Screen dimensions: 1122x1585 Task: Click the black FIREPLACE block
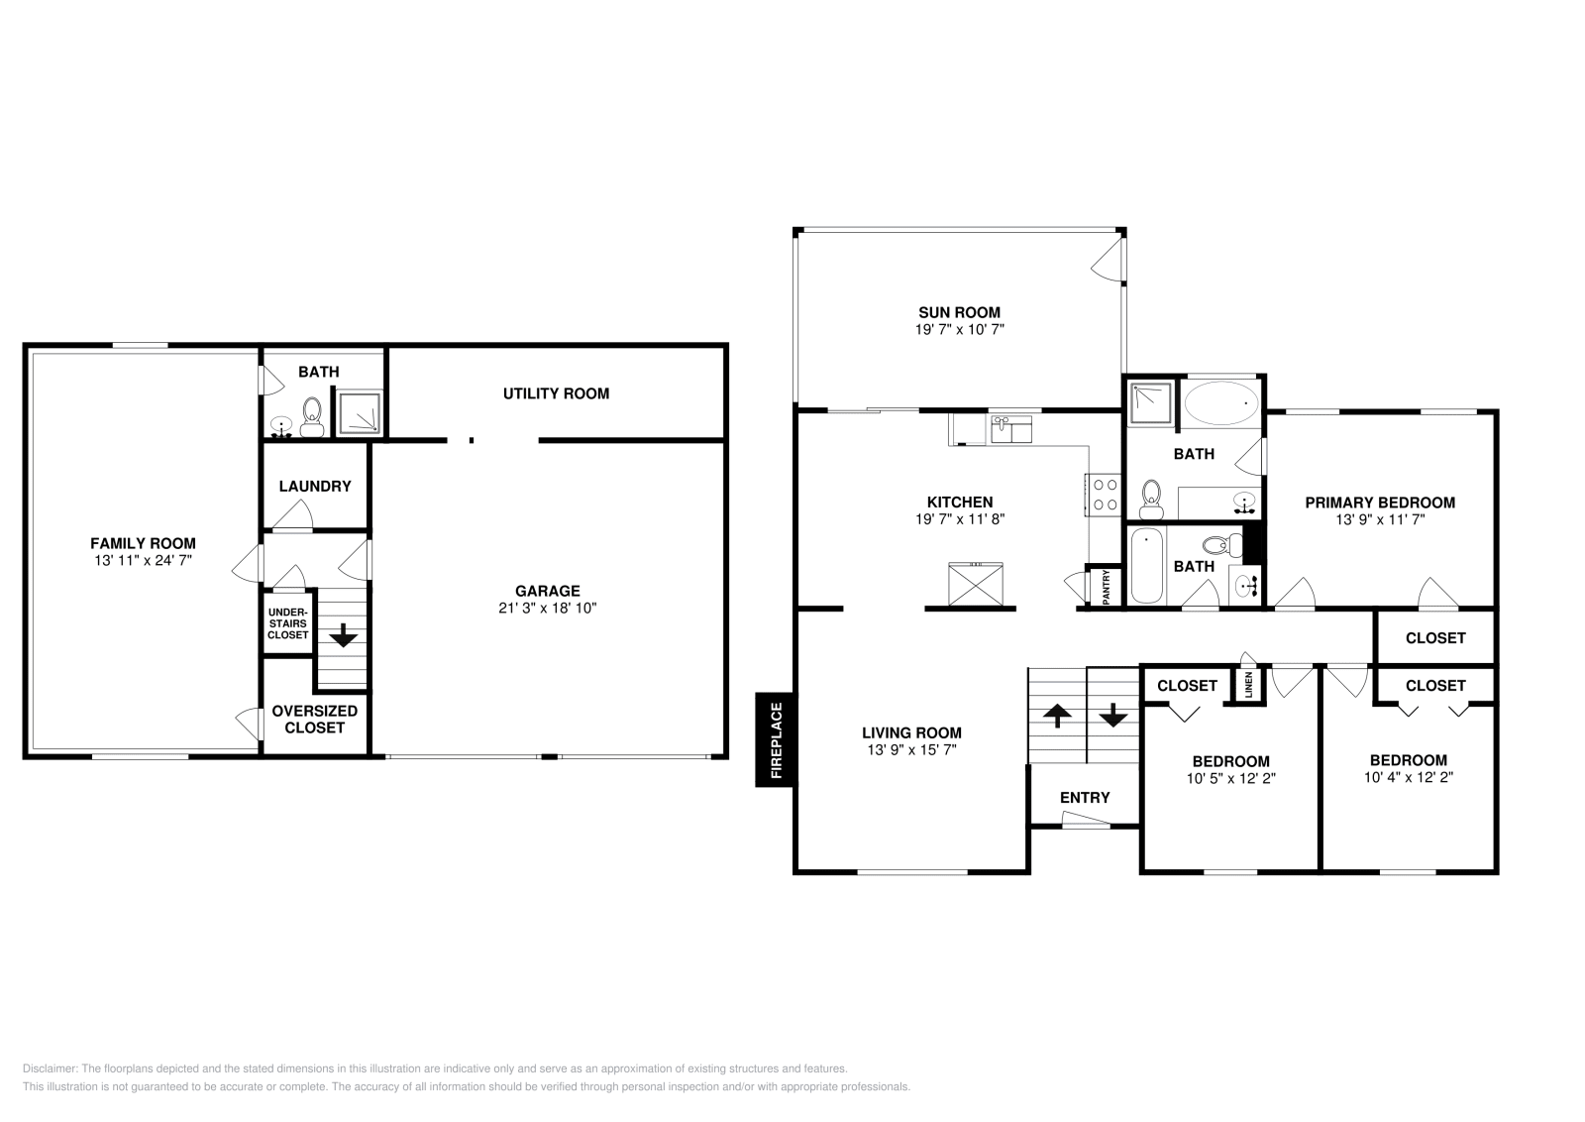[x=775, y=738]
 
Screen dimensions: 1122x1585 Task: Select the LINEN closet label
[x=1248, y=685]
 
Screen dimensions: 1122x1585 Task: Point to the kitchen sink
[x=1009, y=429]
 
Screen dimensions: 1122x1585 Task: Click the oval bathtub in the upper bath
[x=1222, y=403]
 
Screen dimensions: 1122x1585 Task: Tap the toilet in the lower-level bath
[x=312, y=416]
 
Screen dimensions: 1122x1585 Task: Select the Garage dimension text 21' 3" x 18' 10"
[x=547, y=608]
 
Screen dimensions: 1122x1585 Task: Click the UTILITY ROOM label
[x=556, y=393]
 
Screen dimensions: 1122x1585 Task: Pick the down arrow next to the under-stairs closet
[x=344, y=635]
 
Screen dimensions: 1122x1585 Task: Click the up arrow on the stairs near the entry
[x=1057, y=716]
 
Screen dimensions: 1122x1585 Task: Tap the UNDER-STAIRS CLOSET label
[x=288, y=623]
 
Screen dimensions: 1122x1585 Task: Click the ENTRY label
[x=1085, y=797]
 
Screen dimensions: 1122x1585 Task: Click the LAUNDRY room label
[x=314, y=486]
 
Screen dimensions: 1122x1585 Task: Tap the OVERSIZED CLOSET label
[x=314, y=720]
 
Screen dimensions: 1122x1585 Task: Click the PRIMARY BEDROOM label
[x=1379, y=503]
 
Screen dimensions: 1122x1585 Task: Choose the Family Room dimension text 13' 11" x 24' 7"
[x=144, y=560]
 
